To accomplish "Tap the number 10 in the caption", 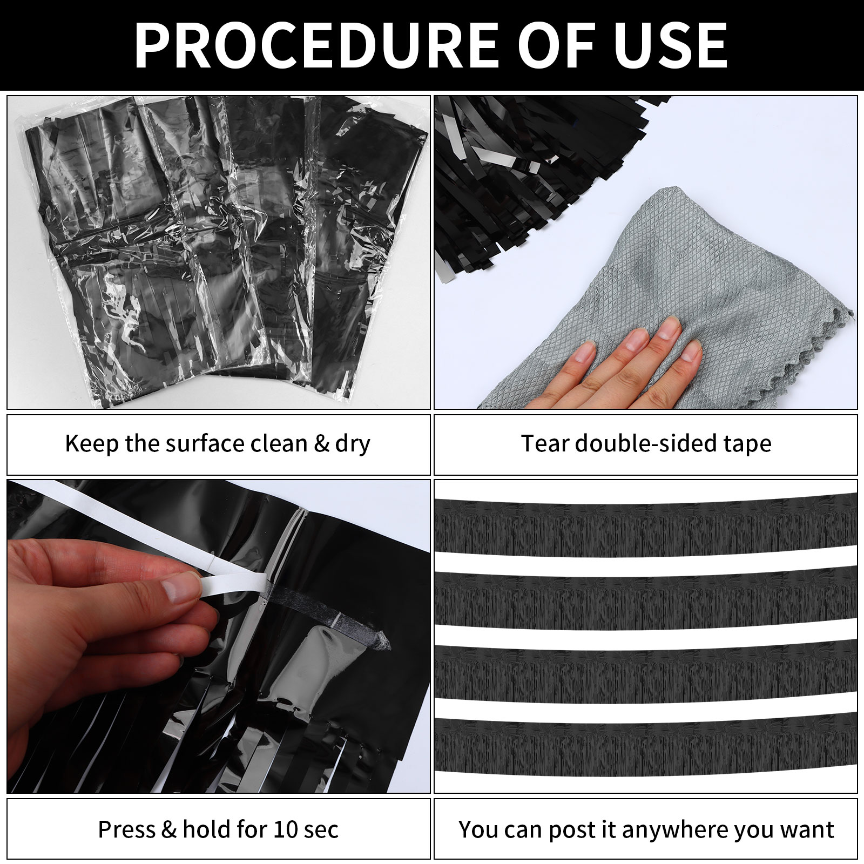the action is pyautogui.click(x=285, y=829).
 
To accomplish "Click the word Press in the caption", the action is pyautogui.click(x=127, y=829).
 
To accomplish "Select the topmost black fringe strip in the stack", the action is pyautogui.click(x=645, y=526).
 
